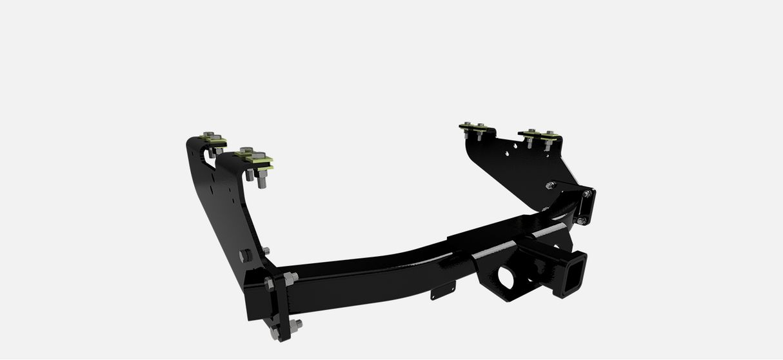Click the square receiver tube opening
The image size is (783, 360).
click(x=570, y=274)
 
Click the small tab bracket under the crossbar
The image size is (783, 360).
click(x=439, y=293)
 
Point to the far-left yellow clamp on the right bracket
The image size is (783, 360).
click(x=474, y=126)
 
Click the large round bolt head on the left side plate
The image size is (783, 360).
click(x=244, y=255)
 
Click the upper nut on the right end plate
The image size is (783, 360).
click(x=586, y=194)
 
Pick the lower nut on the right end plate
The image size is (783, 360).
click(x=580, y=221)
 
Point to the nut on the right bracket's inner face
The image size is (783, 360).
click(x=550, y=186)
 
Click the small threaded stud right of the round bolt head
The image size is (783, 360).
click(x=266, y=250)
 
